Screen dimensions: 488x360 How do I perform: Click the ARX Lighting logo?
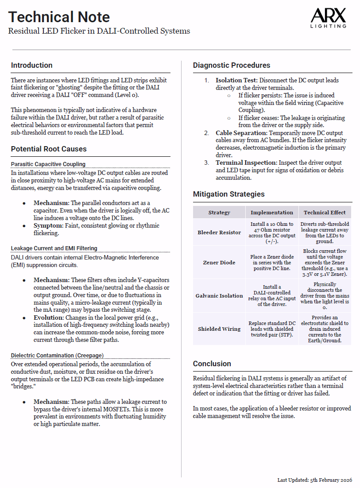pos(328,19)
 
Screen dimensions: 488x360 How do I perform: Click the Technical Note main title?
pos(59,17)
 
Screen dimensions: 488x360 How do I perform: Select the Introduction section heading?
pos(32,65)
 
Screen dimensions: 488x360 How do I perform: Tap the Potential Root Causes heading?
pos(49,149)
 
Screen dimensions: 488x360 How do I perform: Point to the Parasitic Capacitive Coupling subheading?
pos(48,164)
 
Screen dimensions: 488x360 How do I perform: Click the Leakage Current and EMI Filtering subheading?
pos(54,248)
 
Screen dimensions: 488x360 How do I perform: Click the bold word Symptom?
pos(48,225)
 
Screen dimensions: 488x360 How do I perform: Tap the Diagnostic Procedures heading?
pos(232,65)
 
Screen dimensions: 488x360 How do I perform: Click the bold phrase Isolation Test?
pos(236,80)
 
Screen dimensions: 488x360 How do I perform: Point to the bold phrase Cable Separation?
pos(241,133)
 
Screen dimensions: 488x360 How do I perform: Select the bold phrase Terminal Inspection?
pos(245,163)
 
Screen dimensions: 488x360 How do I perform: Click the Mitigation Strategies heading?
pos(228,194)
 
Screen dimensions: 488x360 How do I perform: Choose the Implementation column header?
pos(271,212)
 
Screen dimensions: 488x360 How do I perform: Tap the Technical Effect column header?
pos(325,212)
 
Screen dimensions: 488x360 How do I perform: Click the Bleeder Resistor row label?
pos(219,232)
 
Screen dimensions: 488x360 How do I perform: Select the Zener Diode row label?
pos(219,263)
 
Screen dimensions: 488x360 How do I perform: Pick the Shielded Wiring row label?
pos(219,329)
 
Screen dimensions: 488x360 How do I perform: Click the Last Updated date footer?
pos(314,480)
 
